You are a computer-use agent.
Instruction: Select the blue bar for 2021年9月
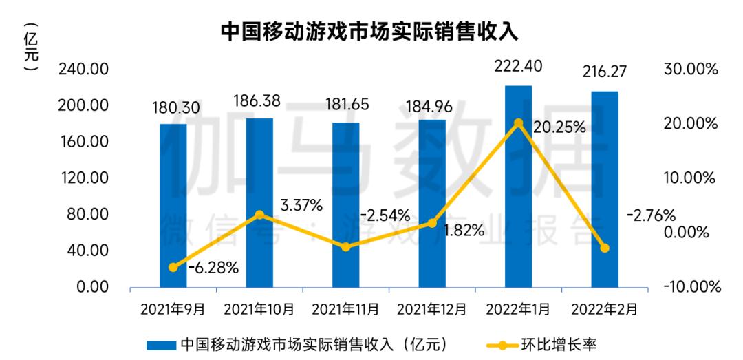tap(173, 207)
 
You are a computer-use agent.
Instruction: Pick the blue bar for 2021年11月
tap(346, 207)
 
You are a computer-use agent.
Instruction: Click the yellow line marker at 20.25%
tap(518, 124)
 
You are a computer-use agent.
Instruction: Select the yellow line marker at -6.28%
tap(173, 267)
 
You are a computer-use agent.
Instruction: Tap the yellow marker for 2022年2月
tap(605, 248)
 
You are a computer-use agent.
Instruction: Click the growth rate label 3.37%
tap(301, 204)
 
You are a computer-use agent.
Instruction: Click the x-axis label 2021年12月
tap(433, 309)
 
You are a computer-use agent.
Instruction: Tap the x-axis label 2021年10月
tap(260, 309)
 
